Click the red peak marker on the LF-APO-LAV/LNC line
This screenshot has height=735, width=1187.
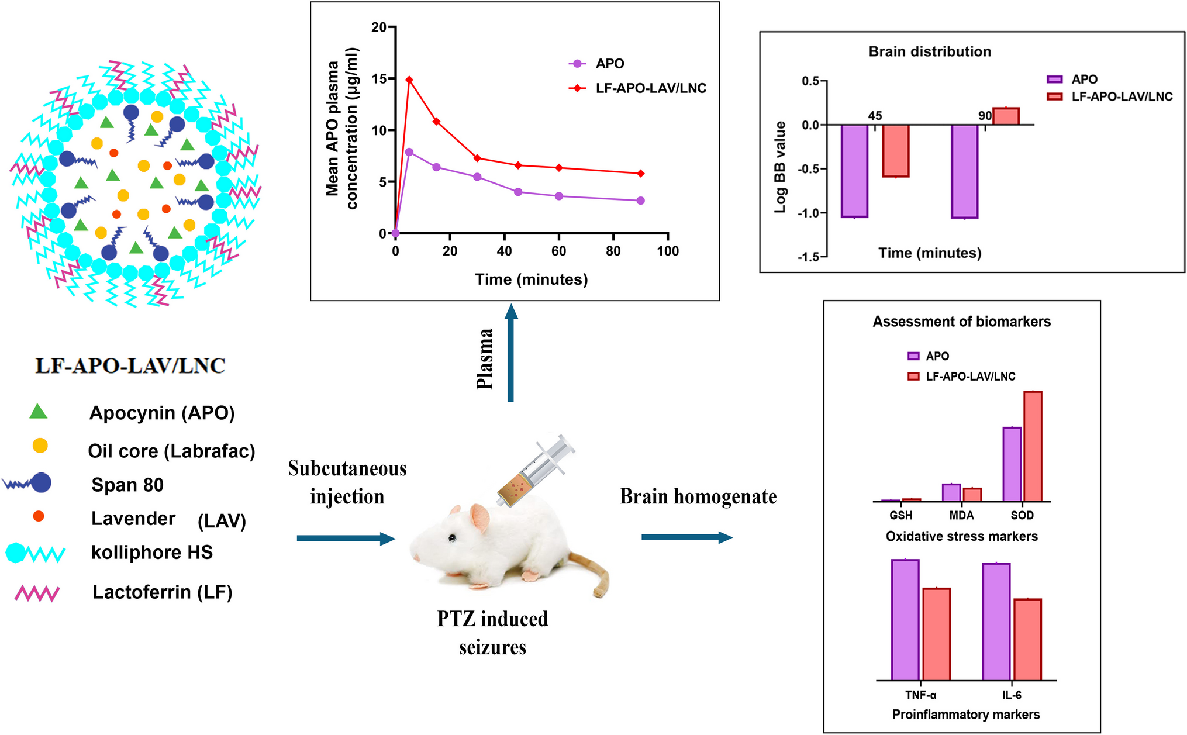409,80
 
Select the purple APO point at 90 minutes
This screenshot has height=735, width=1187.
641,201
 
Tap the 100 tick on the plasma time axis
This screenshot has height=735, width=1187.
668,251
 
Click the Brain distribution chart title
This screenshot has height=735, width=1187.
930,51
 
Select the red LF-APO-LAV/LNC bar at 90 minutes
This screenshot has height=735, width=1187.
1006,116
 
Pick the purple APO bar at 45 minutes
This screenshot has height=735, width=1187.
854,171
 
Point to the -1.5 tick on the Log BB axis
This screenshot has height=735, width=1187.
809,256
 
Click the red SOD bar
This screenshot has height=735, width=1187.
1033,446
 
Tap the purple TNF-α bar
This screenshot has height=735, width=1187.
905,620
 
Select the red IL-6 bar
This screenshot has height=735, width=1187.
1027,639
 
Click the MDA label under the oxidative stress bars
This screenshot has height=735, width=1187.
961,515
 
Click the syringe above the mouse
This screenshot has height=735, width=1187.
535,470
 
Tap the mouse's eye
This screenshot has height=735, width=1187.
452,538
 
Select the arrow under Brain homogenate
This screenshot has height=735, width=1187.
686,537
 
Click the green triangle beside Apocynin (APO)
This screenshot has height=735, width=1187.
39,412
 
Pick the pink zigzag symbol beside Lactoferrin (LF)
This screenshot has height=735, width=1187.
37,593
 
